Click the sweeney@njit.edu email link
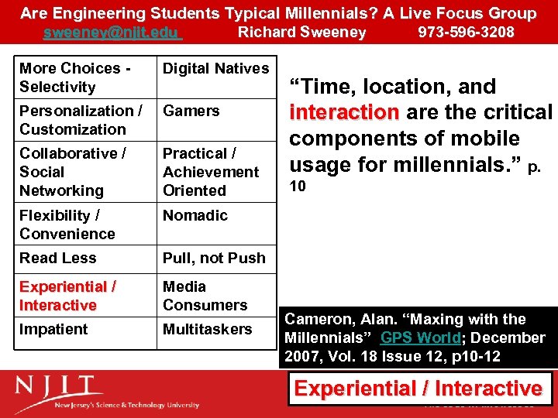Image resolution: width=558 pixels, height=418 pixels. [112, 33]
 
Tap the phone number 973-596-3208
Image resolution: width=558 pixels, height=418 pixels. [466, 33]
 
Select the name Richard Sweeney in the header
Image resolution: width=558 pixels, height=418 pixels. [301, 33]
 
